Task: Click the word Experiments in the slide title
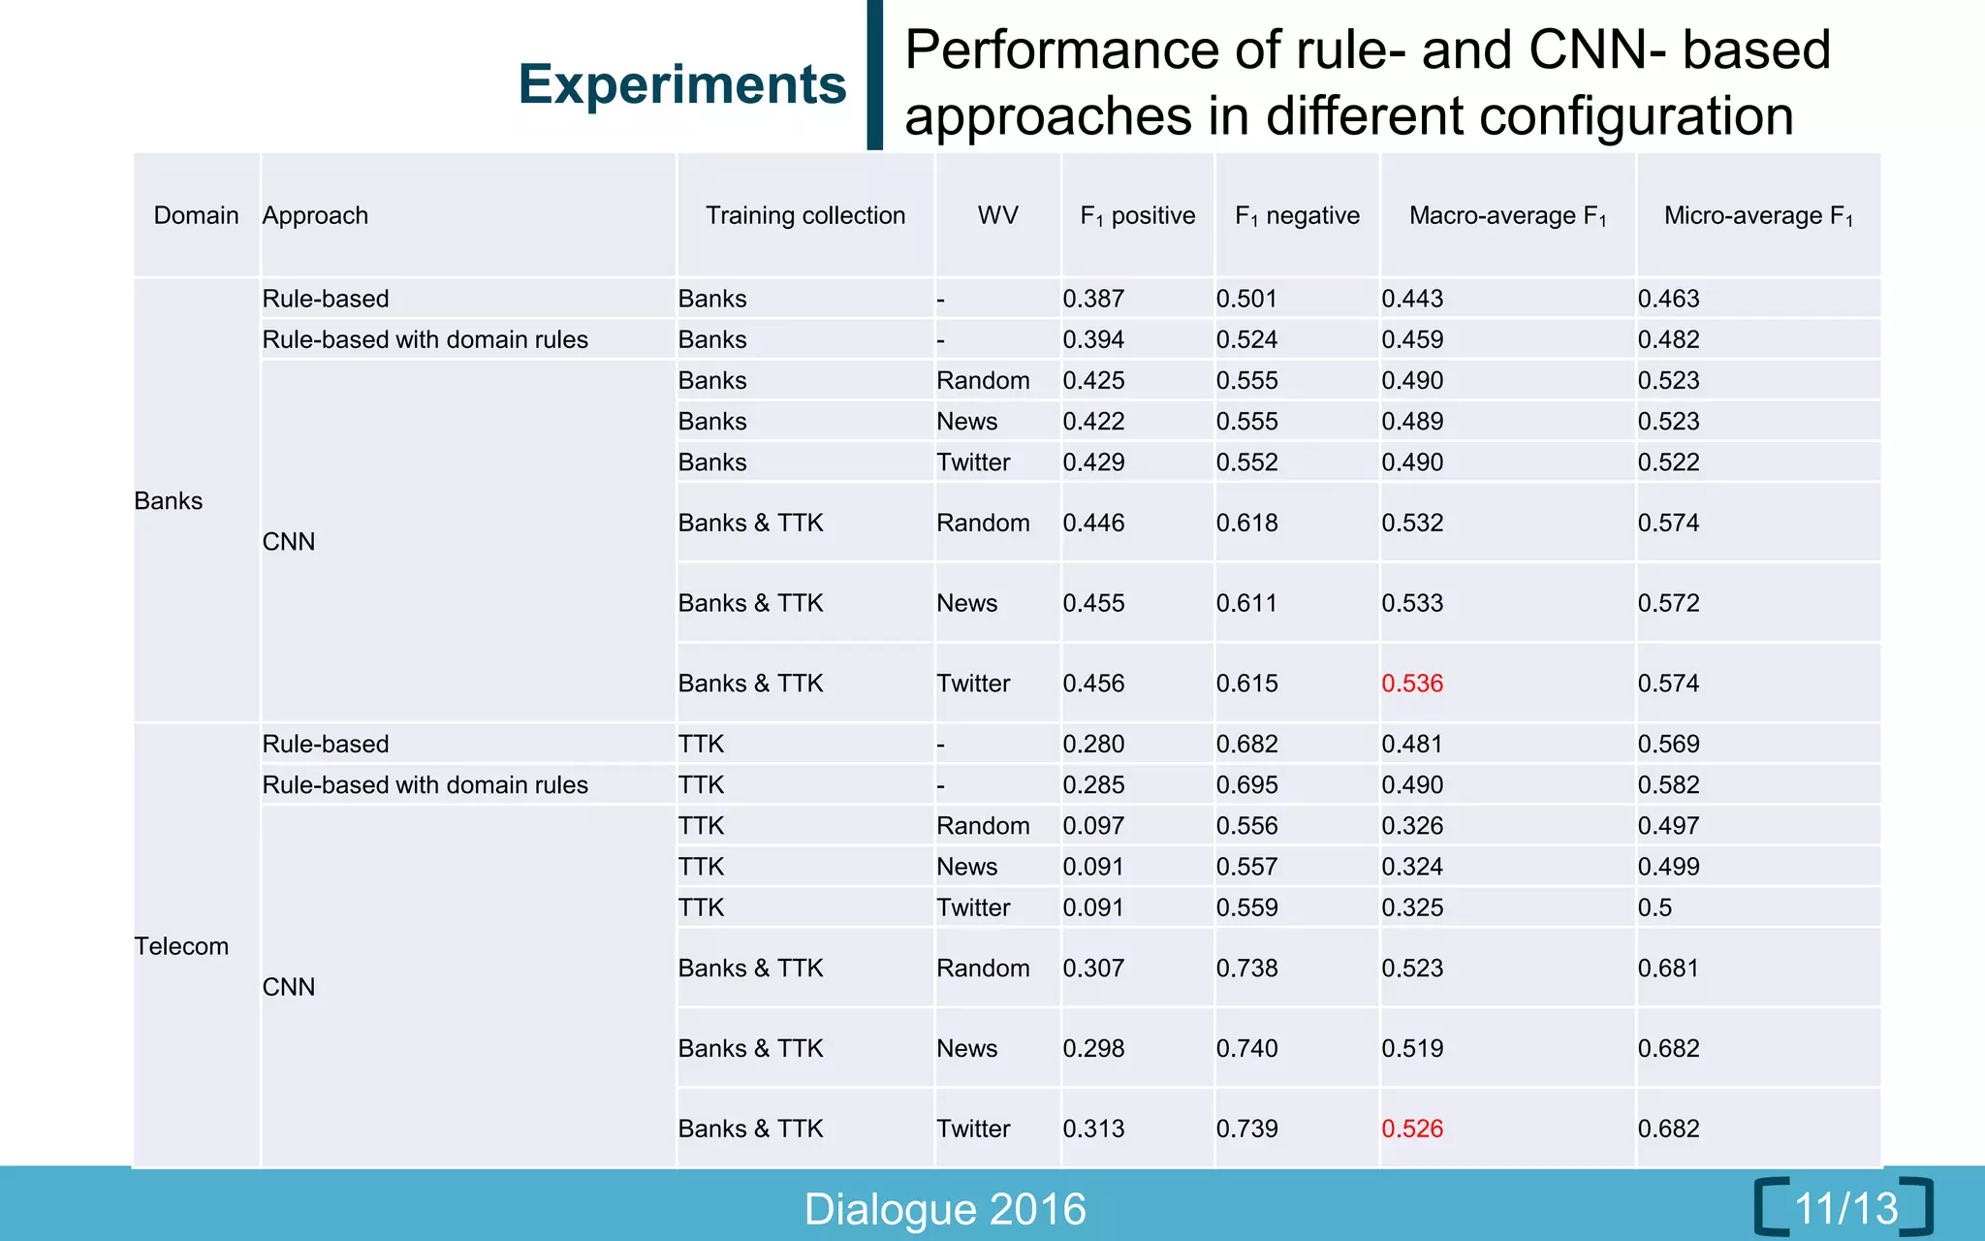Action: pyautogui.click(x=682, y=84)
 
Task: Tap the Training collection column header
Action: pyautogui.click(x=804, y=215)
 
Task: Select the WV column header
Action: pyautogui.click(x=997, y=215)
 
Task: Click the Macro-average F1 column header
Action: pyautogui.click(x=1507, y=216)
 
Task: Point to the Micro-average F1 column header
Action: pyautogui.click(x=1758, y=216)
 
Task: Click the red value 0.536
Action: pyautogui.click(x=1412, y=684)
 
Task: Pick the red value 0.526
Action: pyautogui.click(x=1412, y=1129)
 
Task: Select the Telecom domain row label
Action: pyautogui.click(x=181, y=946)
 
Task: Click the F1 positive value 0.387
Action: pyautogui.click(x=1093, y=299)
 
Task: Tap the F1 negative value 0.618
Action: pyautogui.click(x=1246, y=524)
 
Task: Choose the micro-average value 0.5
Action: pyautogui.click(x=1654, y=907)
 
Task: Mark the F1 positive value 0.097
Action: pyautogui.click(x=1093, y=826)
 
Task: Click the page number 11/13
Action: pyautogui.click(x=1845, y=1208)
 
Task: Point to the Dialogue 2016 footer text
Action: pyautogui.click(x=945, y=1209)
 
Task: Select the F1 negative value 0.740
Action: pyautogui.click(x=1246, y=1048)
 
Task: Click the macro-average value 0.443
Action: pyautogui.click(x=1412, y=299)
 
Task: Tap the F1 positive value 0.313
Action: pyautogui.click(x=1093, y=1129)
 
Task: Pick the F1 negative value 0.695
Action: pyautogui.click(x=1246, y=785)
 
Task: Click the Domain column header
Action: pyautogui.click(x=196, y=215)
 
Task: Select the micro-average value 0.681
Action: pyautogui.click(x=1668, y=968)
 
